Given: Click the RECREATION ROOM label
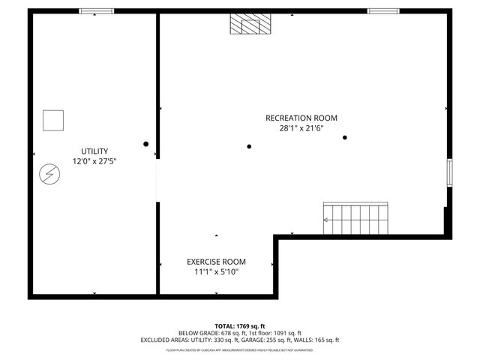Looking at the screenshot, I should pyautogui.click(x=301, y=118).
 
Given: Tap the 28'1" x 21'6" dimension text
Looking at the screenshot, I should pyautogui.click(x=301, y=128).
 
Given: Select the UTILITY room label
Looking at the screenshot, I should pyautogui.click(x=94, y=151).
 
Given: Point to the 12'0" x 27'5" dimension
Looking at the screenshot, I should pyautogui.click(x=94, y=161).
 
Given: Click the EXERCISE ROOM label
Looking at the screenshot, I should pyautogui.click(x=216, y=262).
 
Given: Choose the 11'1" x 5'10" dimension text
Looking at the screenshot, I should pyautogui.click(x=216, y=272).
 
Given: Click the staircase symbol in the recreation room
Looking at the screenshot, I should pyautogui.click(x=356, y=218).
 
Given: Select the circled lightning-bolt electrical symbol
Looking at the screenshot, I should pyautogui.click(x=49, y=174).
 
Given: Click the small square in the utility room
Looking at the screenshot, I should pyautogui.click(x=53, y=120).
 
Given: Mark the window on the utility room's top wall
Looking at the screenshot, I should pyautogui.click(x=97, y=11).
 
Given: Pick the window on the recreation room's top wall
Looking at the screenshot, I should pyautogui.click(x=383, y=11).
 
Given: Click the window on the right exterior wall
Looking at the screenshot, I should pyautogui.click(x=449, y=173).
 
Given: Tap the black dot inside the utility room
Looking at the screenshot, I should pyautogui.click(x=146, y=144).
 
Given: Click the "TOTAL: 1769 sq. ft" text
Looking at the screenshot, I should pyautogui.click(x=239, y=325).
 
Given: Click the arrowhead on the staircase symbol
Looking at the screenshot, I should pyautogui.click(x=326, y=220).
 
